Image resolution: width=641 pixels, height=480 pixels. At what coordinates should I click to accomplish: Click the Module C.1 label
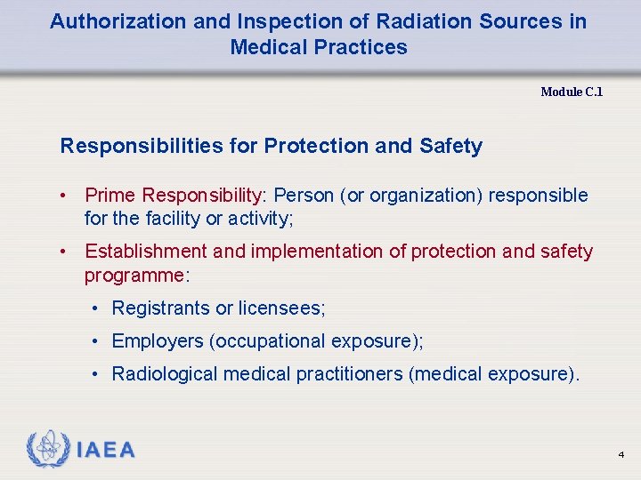pos(572,92)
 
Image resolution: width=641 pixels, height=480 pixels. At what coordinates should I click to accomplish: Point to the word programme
pos(134,275)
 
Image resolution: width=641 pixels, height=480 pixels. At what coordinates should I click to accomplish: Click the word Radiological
pos(165,374)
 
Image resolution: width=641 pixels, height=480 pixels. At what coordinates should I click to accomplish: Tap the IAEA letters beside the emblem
pos(106,451)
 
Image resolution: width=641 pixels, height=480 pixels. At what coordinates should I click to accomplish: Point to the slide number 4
pos(621,455)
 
